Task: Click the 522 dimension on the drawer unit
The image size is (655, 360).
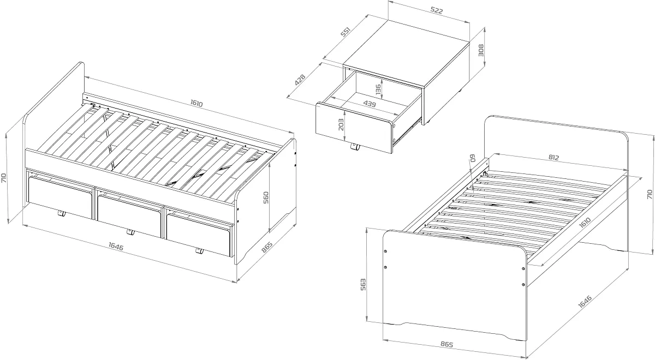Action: point(437,10)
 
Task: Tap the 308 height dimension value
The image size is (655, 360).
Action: point(481,50)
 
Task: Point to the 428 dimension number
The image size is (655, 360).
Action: point(300,80)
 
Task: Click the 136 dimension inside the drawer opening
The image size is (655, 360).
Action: point(378,89)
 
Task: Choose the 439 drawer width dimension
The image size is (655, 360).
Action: point(370,104)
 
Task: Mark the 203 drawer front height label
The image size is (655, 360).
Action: point(341,124)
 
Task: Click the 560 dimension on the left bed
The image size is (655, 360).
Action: point(266,198)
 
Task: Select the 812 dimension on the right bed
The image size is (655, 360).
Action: point(553,158)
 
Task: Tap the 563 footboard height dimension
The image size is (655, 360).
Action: point(362,284)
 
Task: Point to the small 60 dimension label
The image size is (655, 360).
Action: point(473,158)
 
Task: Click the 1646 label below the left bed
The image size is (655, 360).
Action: point(116,247)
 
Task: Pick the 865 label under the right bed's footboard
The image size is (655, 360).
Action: point(446,344)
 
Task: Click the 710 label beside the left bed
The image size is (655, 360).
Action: point(4,178)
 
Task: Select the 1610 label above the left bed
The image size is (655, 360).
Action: point(196,103)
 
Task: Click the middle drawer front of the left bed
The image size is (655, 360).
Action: point(129,216)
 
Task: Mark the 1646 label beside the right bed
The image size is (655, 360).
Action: point(585,302)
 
